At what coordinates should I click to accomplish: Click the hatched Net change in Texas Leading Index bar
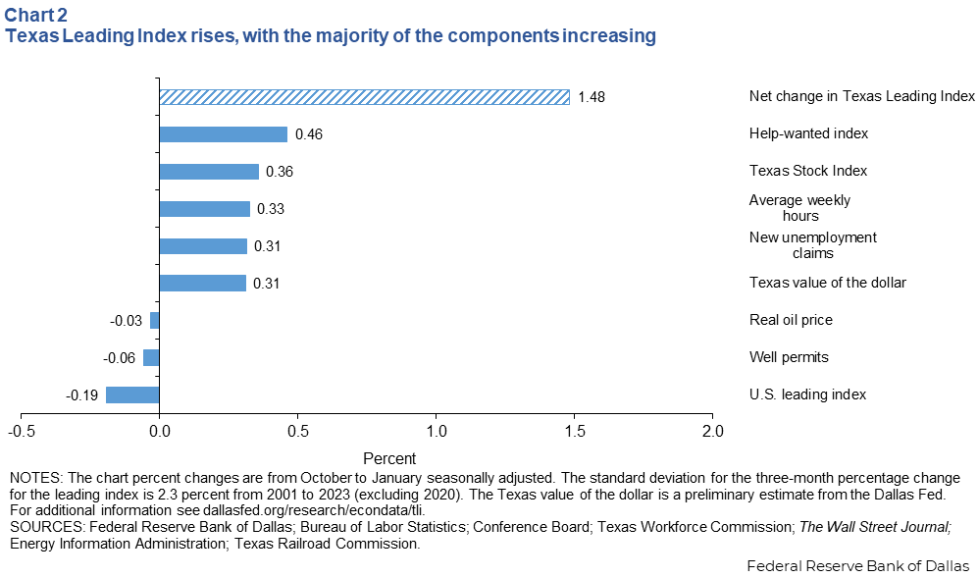pyautogui.click(x=364, y=97)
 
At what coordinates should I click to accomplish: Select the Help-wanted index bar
pyautogui.click(x=223, y=134)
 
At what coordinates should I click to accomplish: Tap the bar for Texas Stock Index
pyautogui.click(x=209, y=172)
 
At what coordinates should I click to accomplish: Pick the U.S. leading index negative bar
pyautogui.click(x=132, y=394)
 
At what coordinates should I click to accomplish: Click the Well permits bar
pyautogui.click(x=151, y=357)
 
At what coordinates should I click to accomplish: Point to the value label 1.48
pyautogui.click(x=592, y=97)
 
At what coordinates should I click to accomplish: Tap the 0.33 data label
pyautogui.click(x=270, y=209)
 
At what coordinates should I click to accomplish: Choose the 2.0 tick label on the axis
pyautogui.click(x=712, y=431)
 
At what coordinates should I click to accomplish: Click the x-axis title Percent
pyautogui.click(x=389, y=458)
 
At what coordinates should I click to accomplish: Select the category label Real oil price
pyautogui.click(x=791, y=320)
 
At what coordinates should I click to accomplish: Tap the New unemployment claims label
pyautogui.click(x=813, y=245)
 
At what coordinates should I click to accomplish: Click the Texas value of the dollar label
pyautogui.click(x=827, y=283)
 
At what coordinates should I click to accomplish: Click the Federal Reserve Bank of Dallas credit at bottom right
pyautogui.click(x=857, y=566)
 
